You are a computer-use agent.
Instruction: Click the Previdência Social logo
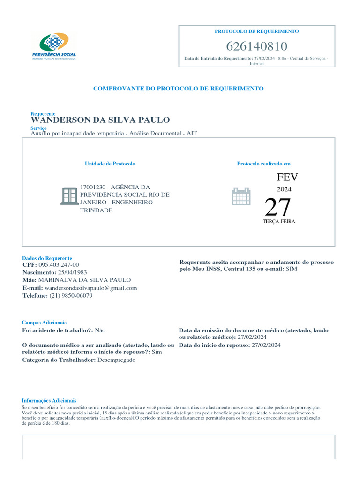click(x=54, y=46)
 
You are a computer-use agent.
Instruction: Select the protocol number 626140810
click(x=256, y=46)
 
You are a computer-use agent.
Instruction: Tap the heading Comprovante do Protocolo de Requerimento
click(x=178, y=88)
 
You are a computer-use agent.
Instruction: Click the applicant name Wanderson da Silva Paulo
click(x=100, y=120)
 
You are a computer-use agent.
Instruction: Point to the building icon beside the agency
click(x=69, y=196)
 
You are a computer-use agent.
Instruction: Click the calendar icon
click(x=242, y=196)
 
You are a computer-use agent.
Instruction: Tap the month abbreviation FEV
click(x=287, y=177)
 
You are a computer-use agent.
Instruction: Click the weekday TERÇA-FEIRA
click(x=279, y=221)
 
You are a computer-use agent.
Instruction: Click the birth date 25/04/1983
click(x=72, y=272)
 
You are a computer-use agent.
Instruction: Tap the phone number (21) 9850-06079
click(x=71, y=296)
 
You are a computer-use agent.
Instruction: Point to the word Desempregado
click(x=117, y=360)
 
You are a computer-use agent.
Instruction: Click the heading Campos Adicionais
click(x=44, y=322)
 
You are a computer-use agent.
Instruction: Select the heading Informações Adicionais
click(x=49, y=400)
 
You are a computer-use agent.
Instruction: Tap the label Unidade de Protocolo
click(x=110, y=164)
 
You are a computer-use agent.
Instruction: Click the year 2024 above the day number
click(x=284, y=189)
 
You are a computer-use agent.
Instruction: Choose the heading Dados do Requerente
click(x=47, y=258)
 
